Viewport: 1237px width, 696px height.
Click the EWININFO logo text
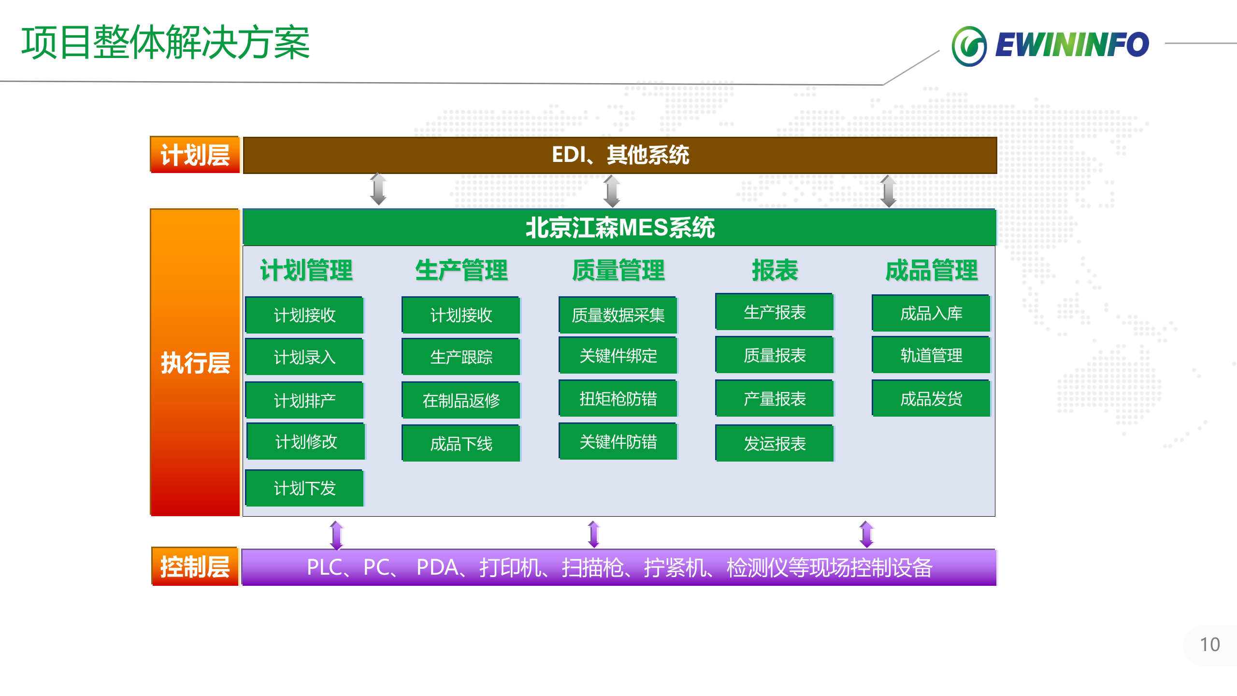point(1071,44)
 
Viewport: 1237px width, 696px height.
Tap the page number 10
point(1209,644)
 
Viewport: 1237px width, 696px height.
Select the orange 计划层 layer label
point(195,155)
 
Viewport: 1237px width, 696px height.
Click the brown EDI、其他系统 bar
point(619,155)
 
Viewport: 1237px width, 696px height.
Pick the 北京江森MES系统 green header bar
point(619,227)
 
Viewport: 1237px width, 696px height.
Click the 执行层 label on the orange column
point(195,362)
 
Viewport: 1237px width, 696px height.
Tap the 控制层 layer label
point(195,566)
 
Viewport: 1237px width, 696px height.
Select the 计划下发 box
point(304,488)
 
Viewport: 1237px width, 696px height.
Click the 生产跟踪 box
point(461,357)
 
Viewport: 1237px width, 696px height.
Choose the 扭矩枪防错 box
point(618,399)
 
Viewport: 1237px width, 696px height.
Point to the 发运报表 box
point(775,443)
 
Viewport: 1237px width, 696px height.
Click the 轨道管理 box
point(931,355)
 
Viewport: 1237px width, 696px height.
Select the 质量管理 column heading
point(618,270)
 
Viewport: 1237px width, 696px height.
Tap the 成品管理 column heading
point(931,270)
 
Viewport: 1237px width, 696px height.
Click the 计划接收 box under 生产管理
point(461,315)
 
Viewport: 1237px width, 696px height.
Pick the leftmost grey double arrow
point(378,189)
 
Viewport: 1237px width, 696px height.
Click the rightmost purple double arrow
point(866,534)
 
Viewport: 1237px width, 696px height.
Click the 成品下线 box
point(461,443)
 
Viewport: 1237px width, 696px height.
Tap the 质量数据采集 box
point(618,315)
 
